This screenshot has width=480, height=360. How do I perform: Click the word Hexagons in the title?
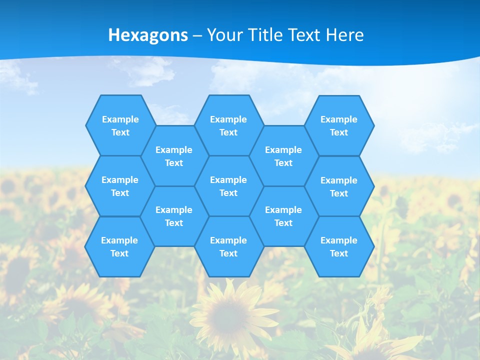(148, 34)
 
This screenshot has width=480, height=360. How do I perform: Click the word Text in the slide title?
(304, 34)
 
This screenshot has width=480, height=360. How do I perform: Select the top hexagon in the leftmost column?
(120, 125)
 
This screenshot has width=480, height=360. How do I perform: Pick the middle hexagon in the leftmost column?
(120, 186)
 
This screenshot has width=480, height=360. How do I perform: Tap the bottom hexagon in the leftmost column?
(119, 246)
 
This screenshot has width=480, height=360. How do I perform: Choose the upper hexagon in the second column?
(174, 156)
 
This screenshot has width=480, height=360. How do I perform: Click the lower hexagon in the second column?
(174, 216)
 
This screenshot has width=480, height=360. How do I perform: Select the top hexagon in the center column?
(228, 125)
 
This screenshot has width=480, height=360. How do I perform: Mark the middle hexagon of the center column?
(228, 186)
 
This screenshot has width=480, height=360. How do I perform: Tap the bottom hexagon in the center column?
(228, 246)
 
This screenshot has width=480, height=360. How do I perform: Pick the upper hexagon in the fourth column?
(283, 156)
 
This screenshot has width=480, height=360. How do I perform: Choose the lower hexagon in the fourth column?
(283, 216)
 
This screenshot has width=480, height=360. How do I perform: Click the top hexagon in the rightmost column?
(339, 125)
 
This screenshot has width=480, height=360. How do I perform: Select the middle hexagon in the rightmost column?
(339, 186)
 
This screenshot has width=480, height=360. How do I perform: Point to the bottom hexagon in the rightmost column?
(339, 246)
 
